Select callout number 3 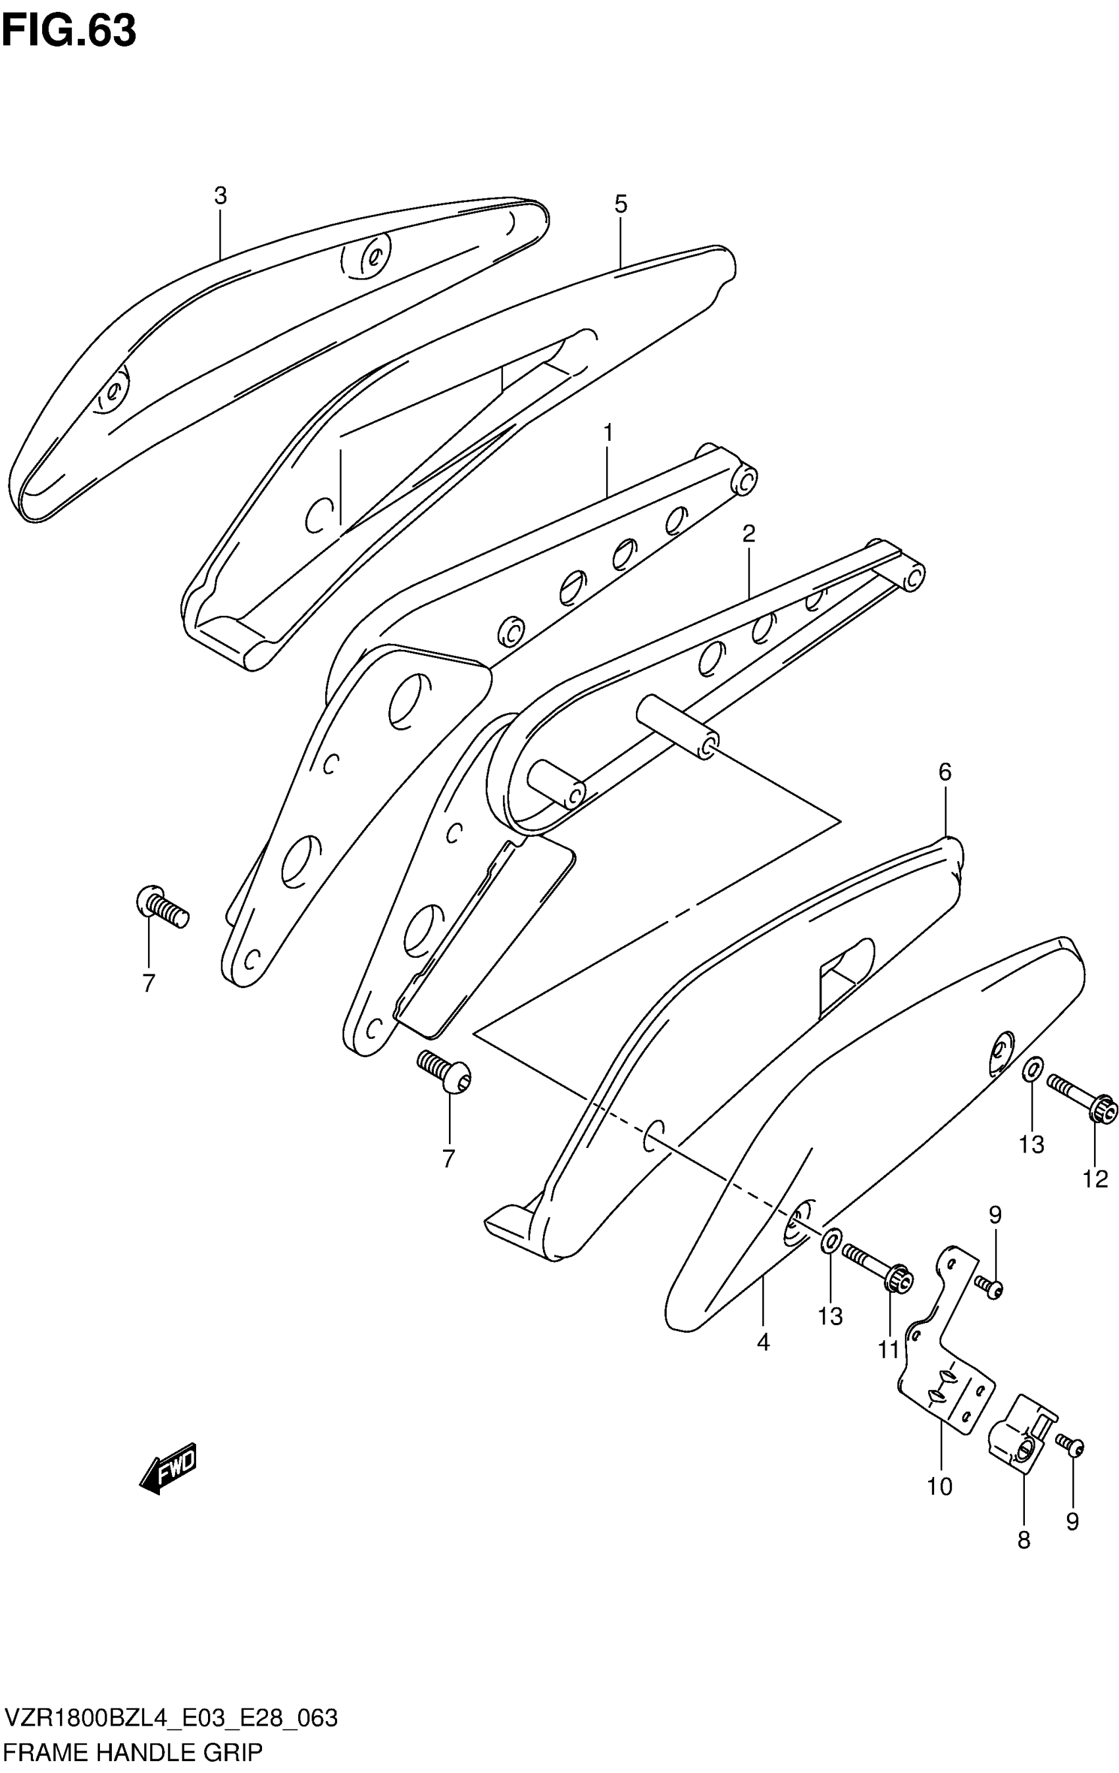(221, 196)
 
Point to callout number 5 (620, 204)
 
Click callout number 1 (608, 433)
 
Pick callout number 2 (748, 534)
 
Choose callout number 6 (945, 772)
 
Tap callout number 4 (763, 1342)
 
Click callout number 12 (1095, 1179)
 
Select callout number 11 (889, 1349)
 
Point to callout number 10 (940, 1487)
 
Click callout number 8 (1024, 1540)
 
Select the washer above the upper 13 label (1032, 1068)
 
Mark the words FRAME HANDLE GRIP (132, 1753)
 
